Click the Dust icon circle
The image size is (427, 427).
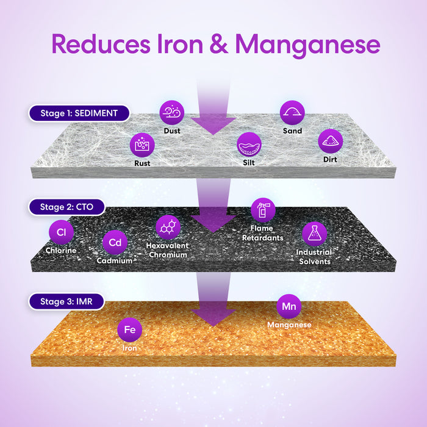click(172, 112)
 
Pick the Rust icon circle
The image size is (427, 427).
click(142, 145)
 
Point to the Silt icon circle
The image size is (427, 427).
click(249, 145)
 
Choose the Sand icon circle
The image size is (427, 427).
click(292, 112)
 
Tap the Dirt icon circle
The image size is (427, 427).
click(331, 141)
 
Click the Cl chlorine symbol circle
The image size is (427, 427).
click(61, 232)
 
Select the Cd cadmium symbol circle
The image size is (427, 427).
click(115, 242)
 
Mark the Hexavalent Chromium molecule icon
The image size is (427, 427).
click(168, 227)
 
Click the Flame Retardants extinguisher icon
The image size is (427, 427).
click(263, 210)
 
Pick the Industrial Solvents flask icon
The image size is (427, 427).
click(314, 234)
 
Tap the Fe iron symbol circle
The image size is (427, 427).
click(129, 330)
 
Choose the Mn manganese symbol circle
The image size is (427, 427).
click(289, 306)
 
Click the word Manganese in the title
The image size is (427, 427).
click(307, 45)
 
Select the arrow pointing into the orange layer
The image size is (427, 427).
click(213, 302)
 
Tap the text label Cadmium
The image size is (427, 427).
click(115, 261)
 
